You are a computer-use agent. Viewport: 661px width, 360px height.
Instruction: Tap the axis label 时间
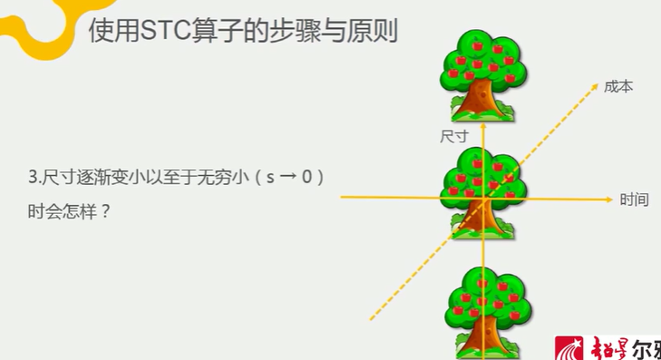[634, 199]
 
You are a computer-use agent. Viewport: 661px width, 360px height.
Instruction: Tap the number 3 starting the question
[33, 178]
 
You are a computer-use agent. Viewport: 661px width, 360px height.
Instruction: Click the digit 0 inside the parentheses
[306, 178]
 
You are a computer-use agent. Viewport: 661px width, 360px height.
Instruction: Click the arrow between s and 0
[287, 178]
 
